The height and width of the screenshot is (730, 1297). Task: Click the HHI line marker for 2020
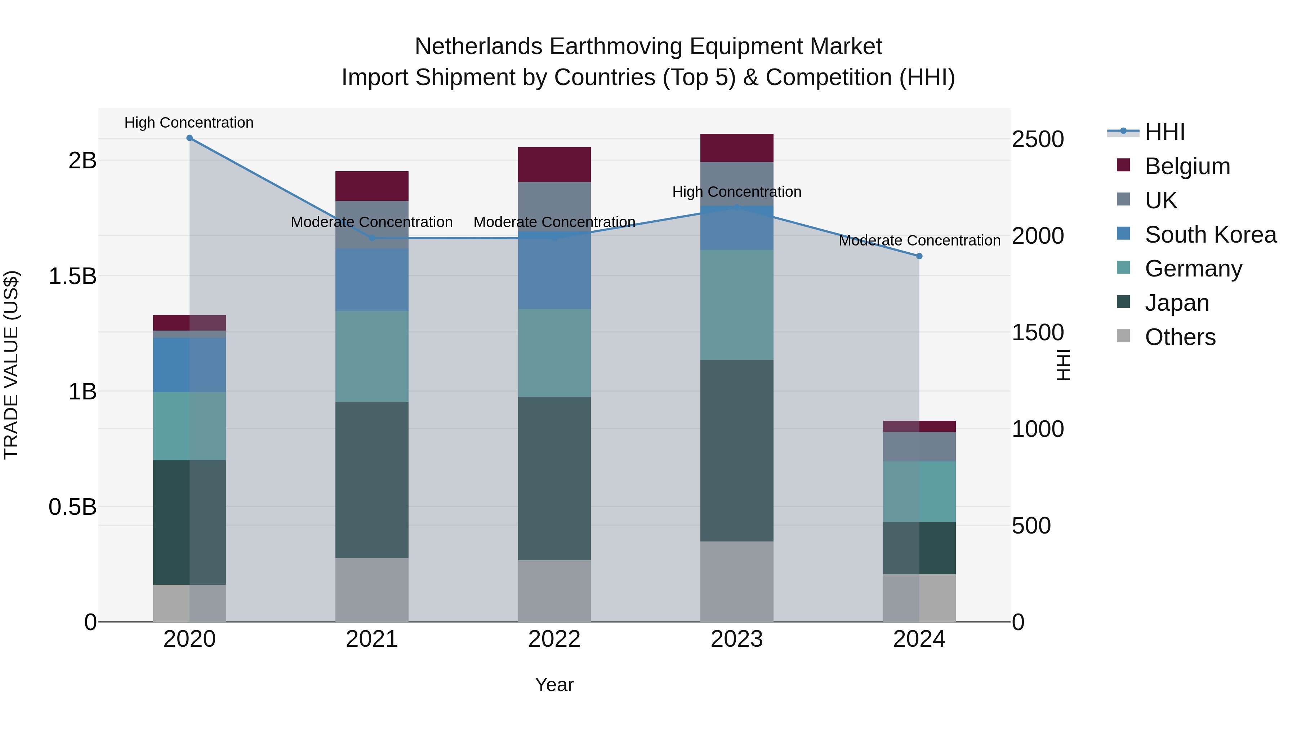tap(189, 138)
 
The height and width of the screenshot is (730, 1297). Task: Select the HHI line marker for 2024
tap(919, 256)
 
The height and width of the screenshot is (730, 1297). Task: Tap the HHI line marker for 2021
tap(372, 238)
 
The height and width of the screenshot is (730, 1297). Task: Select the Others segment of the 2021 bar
tap(372, 589)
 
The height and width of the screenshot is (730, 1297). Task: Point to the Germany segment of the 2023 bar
tap(737, 304)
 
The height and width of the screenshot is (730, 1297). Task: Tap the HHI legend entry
tap(1164, 132)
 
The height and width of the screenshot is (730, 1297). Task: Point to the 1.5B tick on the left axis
tap(72, 276)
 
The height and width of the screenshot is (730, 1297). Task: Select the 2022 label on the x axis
tap(554, 639)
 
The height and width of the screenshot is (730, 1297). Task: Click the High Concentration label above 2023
tap(737, 192)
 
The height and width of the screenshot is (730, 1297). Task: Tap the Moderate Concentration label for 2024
tap(919, 241)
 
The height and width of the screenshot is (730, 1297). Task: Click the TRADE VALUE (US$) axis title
tap(11, 365)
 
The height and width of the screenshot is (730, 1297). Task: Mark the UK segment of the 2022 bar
tap(554, 207)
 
